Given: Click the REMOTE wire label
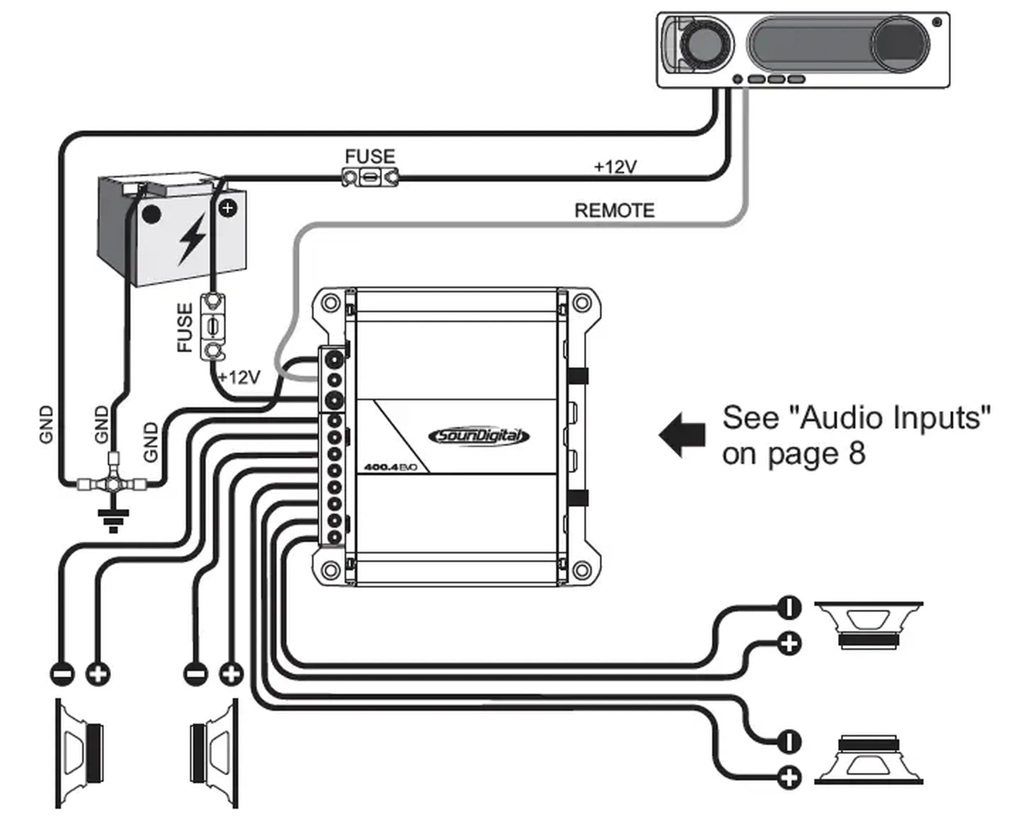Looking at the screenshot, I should (614, 210).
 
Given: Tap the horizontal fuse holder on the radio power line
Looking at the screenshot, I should (370, 177).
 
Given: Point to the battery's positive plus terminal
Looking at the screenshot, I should (228, 208).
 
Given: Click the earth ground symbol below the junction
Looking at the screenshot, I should (113, 520).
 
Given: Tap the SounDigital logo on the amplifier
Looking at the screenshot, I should (479, 436).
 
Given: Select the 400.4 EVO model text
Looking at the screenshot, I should (390, 468).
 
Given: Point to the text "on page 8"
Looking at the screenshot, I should (794, 454).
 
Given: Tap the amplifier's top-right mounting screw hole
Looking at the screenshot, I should (582, 304).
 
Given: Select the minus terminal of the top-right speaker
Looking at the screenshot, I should (789, 607).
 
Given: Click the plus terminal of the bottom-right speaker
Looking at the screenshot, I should (789, 778).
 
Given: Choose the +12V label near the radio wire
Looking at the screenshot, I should (615, 167).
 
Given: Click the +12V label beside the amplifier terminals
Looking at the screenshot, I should (239, 377).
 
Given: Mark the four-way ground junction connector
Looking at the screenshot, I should (112, 483).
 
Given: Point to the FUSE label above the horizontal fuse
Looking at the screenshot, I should (370, 156).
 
